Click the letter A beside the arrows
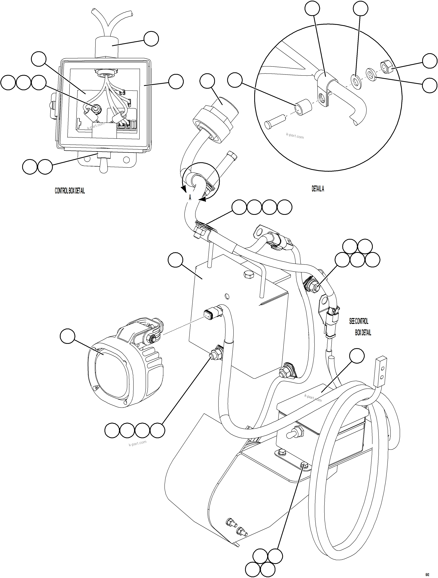pos(190,198)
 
